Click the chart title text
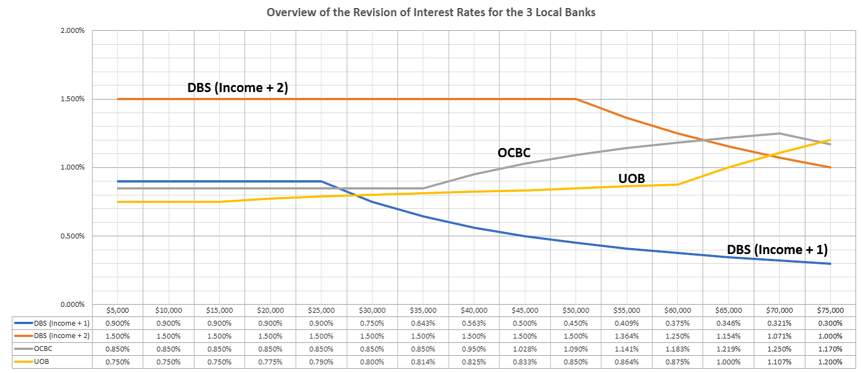(x=431, y=12)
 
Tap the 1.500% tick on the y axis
(x=72, y=99)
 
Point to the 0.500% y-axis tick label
(x=72, y=236)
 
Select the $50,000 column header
(x=575, y=311)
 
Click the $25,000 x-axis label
(x=321, y=311)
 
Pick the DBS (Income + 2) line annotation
(x=238, y=87)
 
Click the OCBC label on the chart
(x=514, y=153)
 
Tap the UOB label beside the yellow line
(x=631, y=179)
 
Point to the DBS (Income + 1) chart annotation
(x=777, y=250)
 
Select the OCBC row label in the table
(x=43, y=349)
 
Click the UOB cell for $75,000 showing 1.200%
(x=830, y=362)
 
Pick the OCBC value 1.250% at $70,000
(x=779, y=349)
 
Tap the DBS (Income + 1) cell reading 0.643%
(x=423, y=323)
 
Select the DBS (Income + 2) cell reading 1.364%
(x=627, y=336)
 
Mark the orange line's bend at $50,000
(x=576, y=99)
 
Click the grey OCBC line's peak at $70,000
(x=779, y=133)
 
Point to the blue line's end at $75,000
(x=830, y=264)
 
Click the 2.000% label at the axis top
(x=72, y=31)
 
